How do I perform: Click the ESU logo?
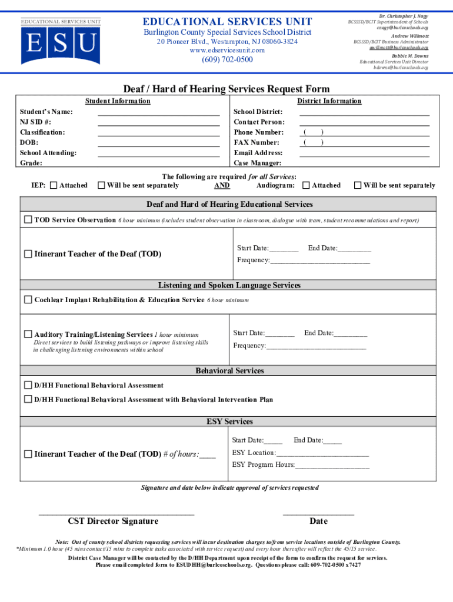61,42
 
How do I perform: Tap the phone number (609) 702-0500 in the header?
227,60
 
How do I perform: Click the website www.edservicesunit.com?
227,51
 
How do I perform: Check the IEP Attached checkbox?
54,186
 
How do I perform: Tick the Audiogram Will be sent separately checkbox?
358,186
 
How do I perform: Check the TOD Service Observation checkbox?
28,220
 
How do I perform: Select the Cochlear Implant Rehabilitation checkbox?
28,300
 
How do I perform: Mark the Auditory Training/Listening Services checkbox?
28,334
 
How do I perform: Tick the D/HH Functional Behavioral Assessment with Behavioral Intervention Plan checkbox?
28,400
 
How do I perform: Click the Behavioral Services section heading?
229,371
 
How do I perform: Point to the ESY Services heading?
229,422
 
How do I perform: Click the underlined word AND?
222,186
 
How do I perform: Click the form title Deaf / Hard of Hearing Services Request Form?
226,89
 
